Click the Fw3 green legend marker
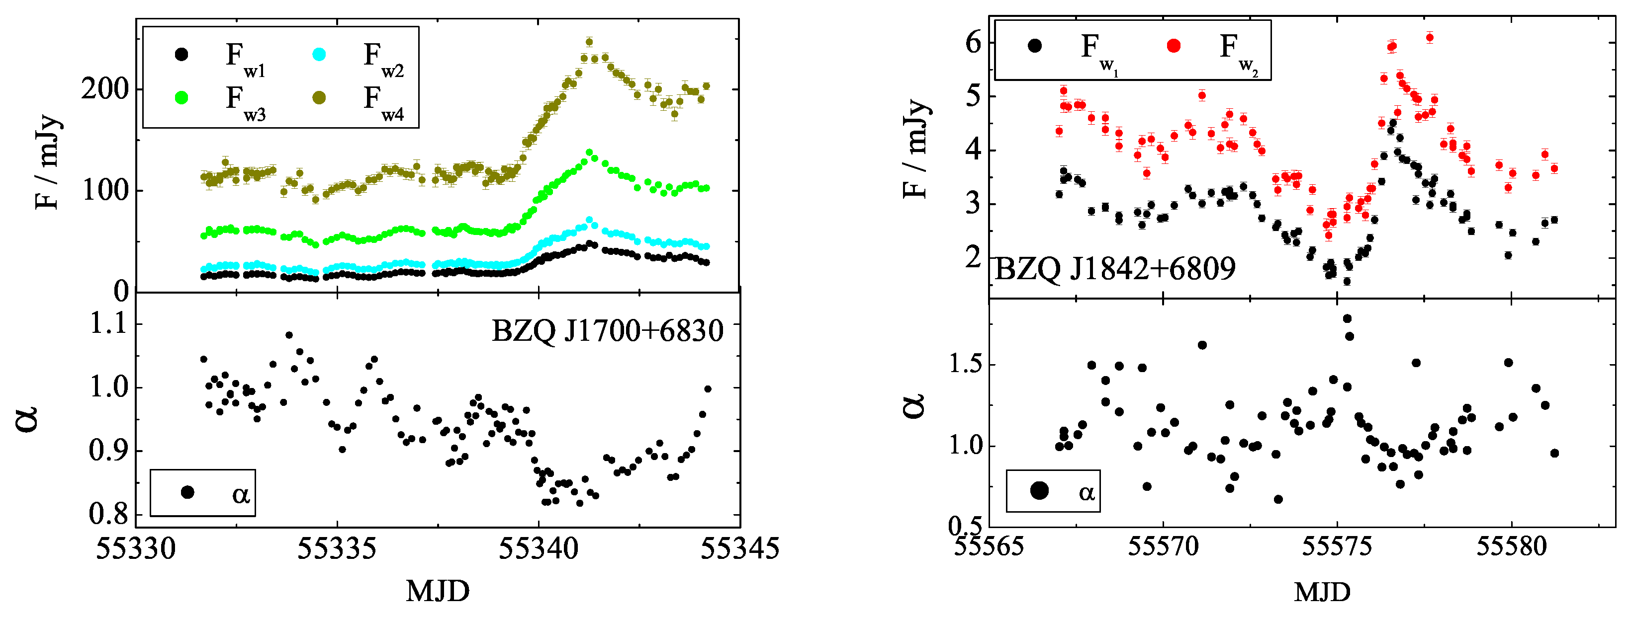tap(181, 97)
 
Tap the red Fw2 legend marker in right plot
tap(1173, 46)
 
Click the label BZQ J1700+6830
tap(607, 331)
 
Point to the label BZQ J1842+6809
tap(1115, 269)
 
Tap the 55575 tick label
tap(1337, 546)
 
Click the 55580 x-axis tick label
tap(1511, 546)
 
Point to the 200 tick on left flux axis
tap(104, 89)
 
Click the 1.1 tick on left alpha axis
tap(107, 324)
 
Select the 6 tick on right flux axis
tap(973, 43)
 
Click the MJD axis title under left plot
tap(438, 592)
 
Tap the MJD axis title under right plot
tap(1322, 592)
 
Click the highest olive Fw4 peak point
tap(589, 42)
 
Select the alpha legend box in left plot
tap(202, 493)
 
